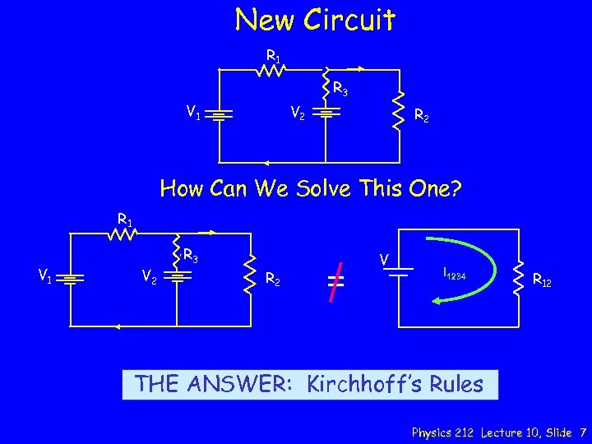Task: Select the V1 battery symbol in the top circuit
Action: [220, 114]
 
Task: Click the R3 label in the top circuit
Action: [340, 87]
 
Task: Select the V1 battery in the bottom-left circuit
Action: [72, 280]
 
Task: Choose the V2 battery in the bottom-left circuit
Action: [176, 277]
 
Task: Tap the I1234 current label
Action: [454, 272]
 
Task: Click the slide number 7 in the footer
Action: [582, 432]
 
